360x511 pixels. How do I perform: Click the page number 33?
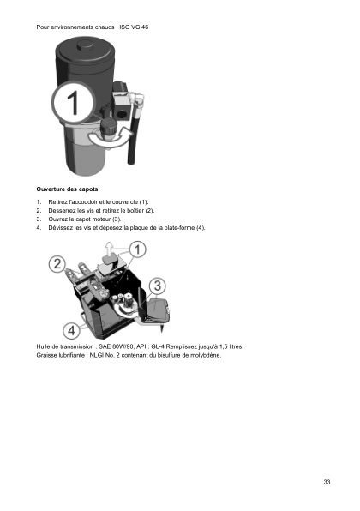tap(327, 482)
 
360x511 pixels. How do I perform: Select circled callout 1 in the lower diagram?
tap(138, 249)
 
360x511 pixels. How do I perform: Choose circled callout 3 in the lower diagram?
tap(158, 285)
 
